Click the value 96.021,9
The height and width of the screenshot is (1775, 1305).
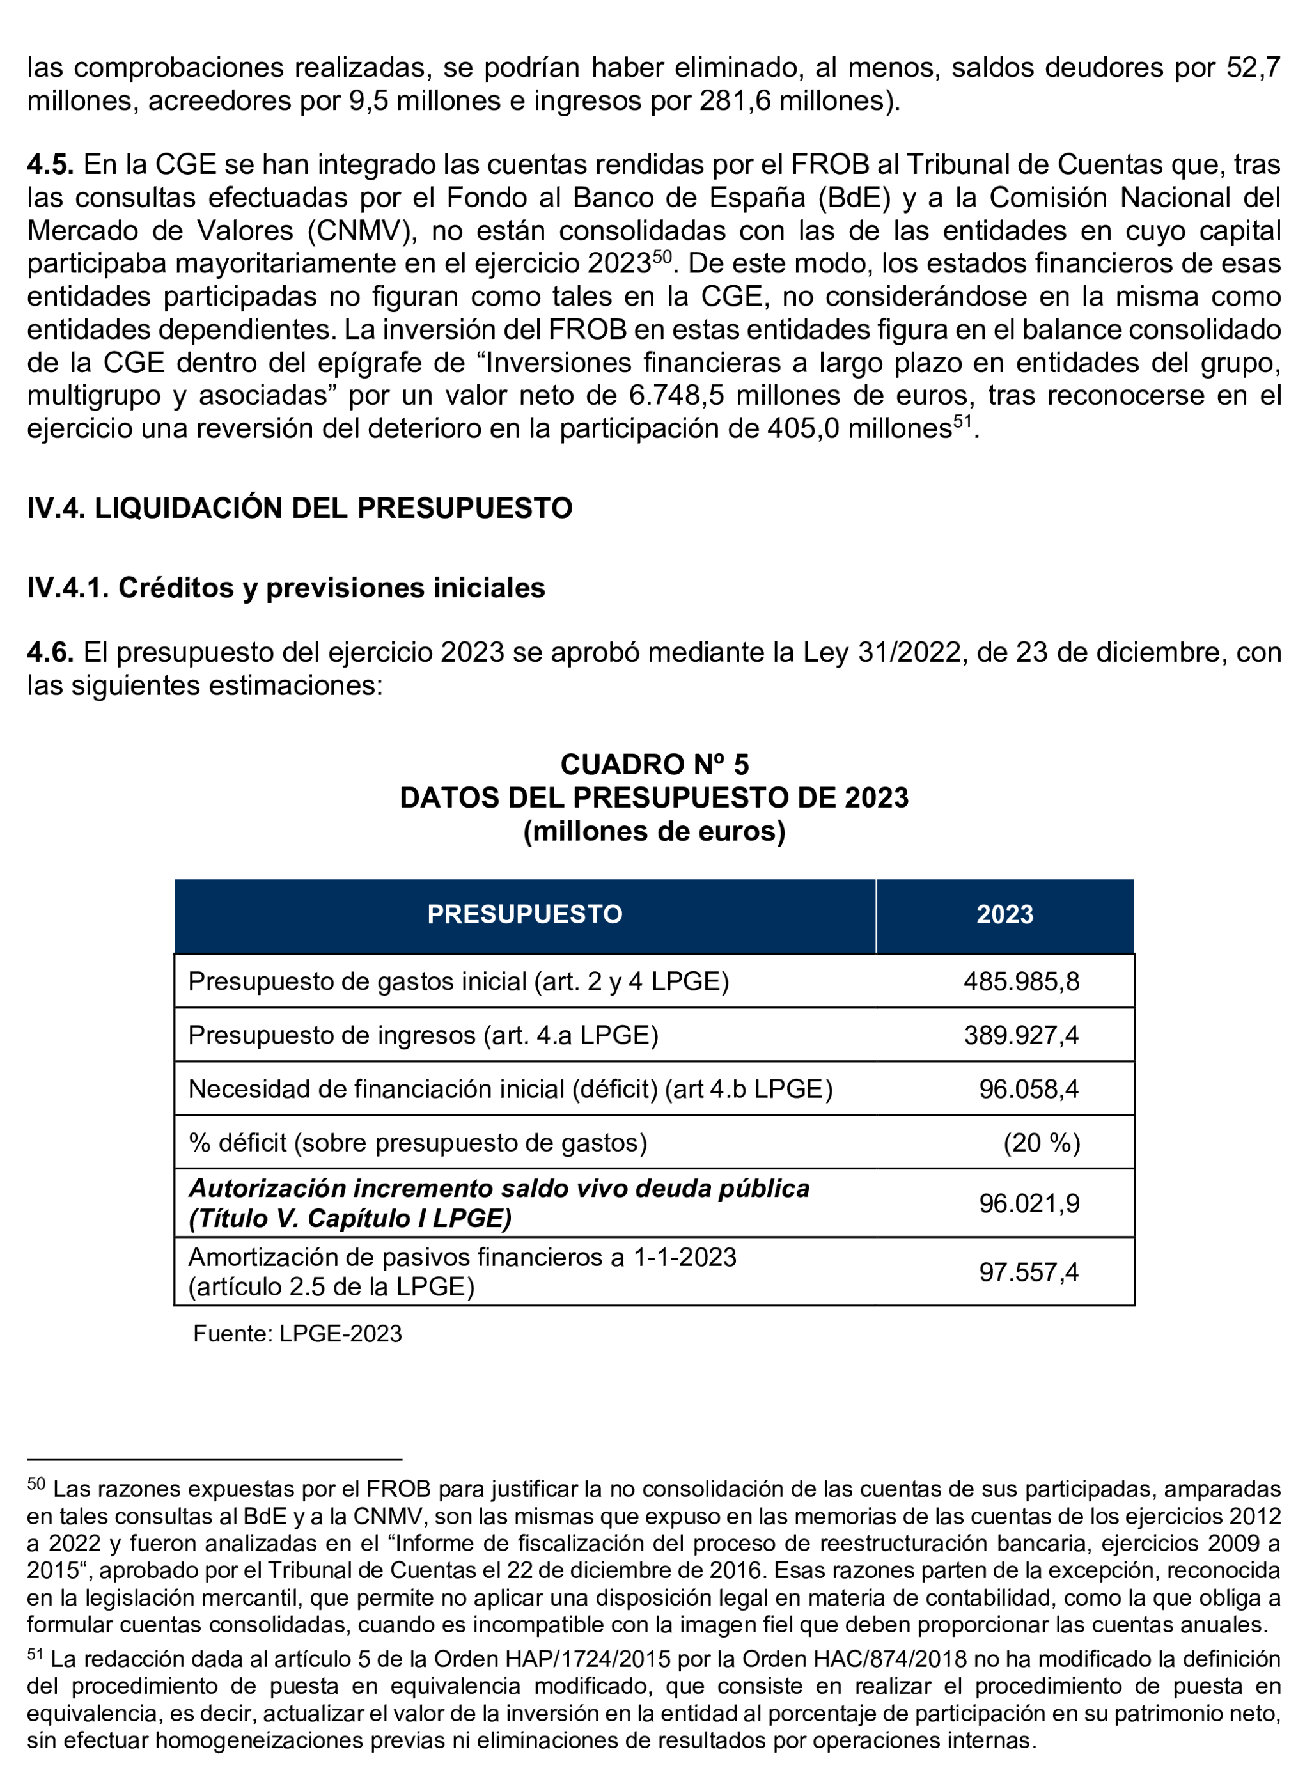pyautogui.click(x=1029, y=1203)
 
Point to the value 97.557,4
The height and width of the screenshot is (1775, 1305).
pyautogui.click(x=1029, y=1272)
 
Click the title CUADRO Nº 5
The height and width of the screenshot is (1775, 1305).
pyautogui.click(x=654, y=764)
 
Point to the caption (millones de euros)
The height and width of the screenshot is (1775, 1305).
pyautogui.click(x=654, y=831)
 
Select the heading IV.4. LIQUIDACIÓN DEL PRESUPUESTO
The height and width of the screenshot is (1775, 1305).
pyautogui.click(x=299, y=508)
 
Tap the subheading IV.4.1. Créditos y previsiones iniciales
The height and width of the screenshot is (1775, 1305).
pyautogui.click(x=286, y=588)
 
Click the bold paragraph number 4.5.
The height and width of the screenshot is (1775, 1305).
pyautogui.click(x=50, y=164)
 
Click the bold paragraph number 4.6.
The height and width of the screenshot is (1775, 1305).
pyautogui.click(x=50, y=652)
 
